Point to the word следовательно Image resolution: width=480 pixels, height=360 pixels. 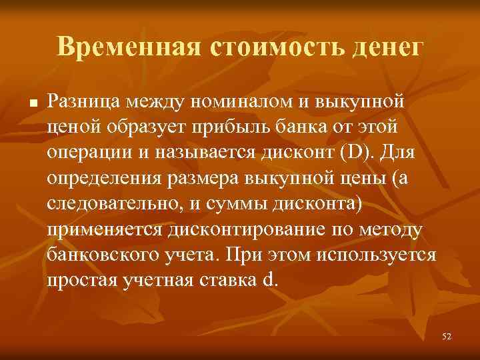(109, 204)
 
